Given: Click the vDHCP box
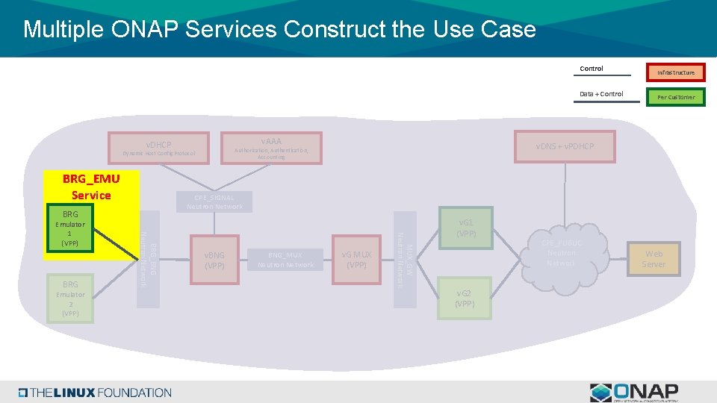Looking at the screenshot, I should click(158, 148).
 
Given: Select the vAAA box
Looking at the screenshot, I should click(271, 147).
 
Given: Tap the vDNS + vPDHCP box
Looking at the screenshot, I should click(565, 146).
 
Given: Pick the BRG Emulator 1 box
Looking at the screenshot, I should click(70, 228).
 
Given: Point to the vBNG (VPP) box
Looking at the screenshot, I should click(215, 260).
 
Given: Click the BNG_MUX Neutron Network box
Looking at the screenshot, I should click(286, 260).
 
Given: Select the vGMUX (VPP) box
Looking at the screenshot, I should click(357, 260).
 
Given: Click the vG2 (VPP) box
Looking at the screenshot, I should click(465, 298).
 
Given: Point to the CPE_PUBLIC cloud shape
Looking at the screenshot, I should click(561, 254).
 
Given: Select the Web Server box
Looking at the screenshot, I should click(654, 259).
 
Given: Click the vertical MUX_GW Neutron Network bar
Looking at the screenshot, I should click(405, 258).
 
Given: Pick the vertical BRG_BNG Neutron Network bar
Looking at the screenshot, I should click(148, 258).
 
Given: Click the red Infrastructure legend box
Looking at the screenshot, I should click(676, 72).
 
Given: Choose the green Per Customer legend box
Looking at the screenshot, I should click(676, 97).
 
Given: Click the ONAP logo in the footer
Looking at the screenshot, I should click(634, 393).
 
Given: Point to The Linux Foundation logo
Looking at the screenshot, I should click(96, 393).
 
